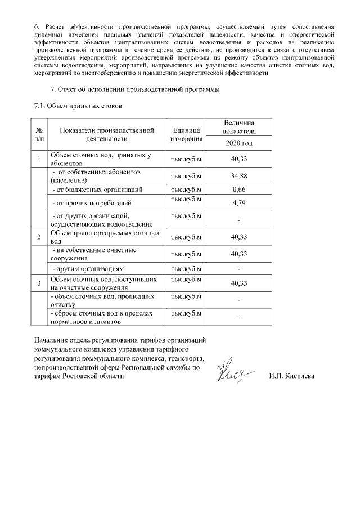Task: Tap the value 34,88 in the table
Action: (x=240, y=176)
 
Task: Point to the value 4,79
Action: (x=240, y=202)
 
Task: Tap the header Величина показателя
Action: (x=240, y=127)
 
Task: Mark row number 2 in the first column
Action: (x=39, y=237)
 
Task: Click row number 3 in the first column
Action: (x=39, y=283)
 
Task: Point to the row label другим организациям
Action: (x=88, y=269)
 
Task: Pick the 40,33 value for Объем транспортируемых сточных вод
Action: (x=240, y=237)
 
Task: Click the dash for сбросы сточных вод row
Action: (x=240, y=318)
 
